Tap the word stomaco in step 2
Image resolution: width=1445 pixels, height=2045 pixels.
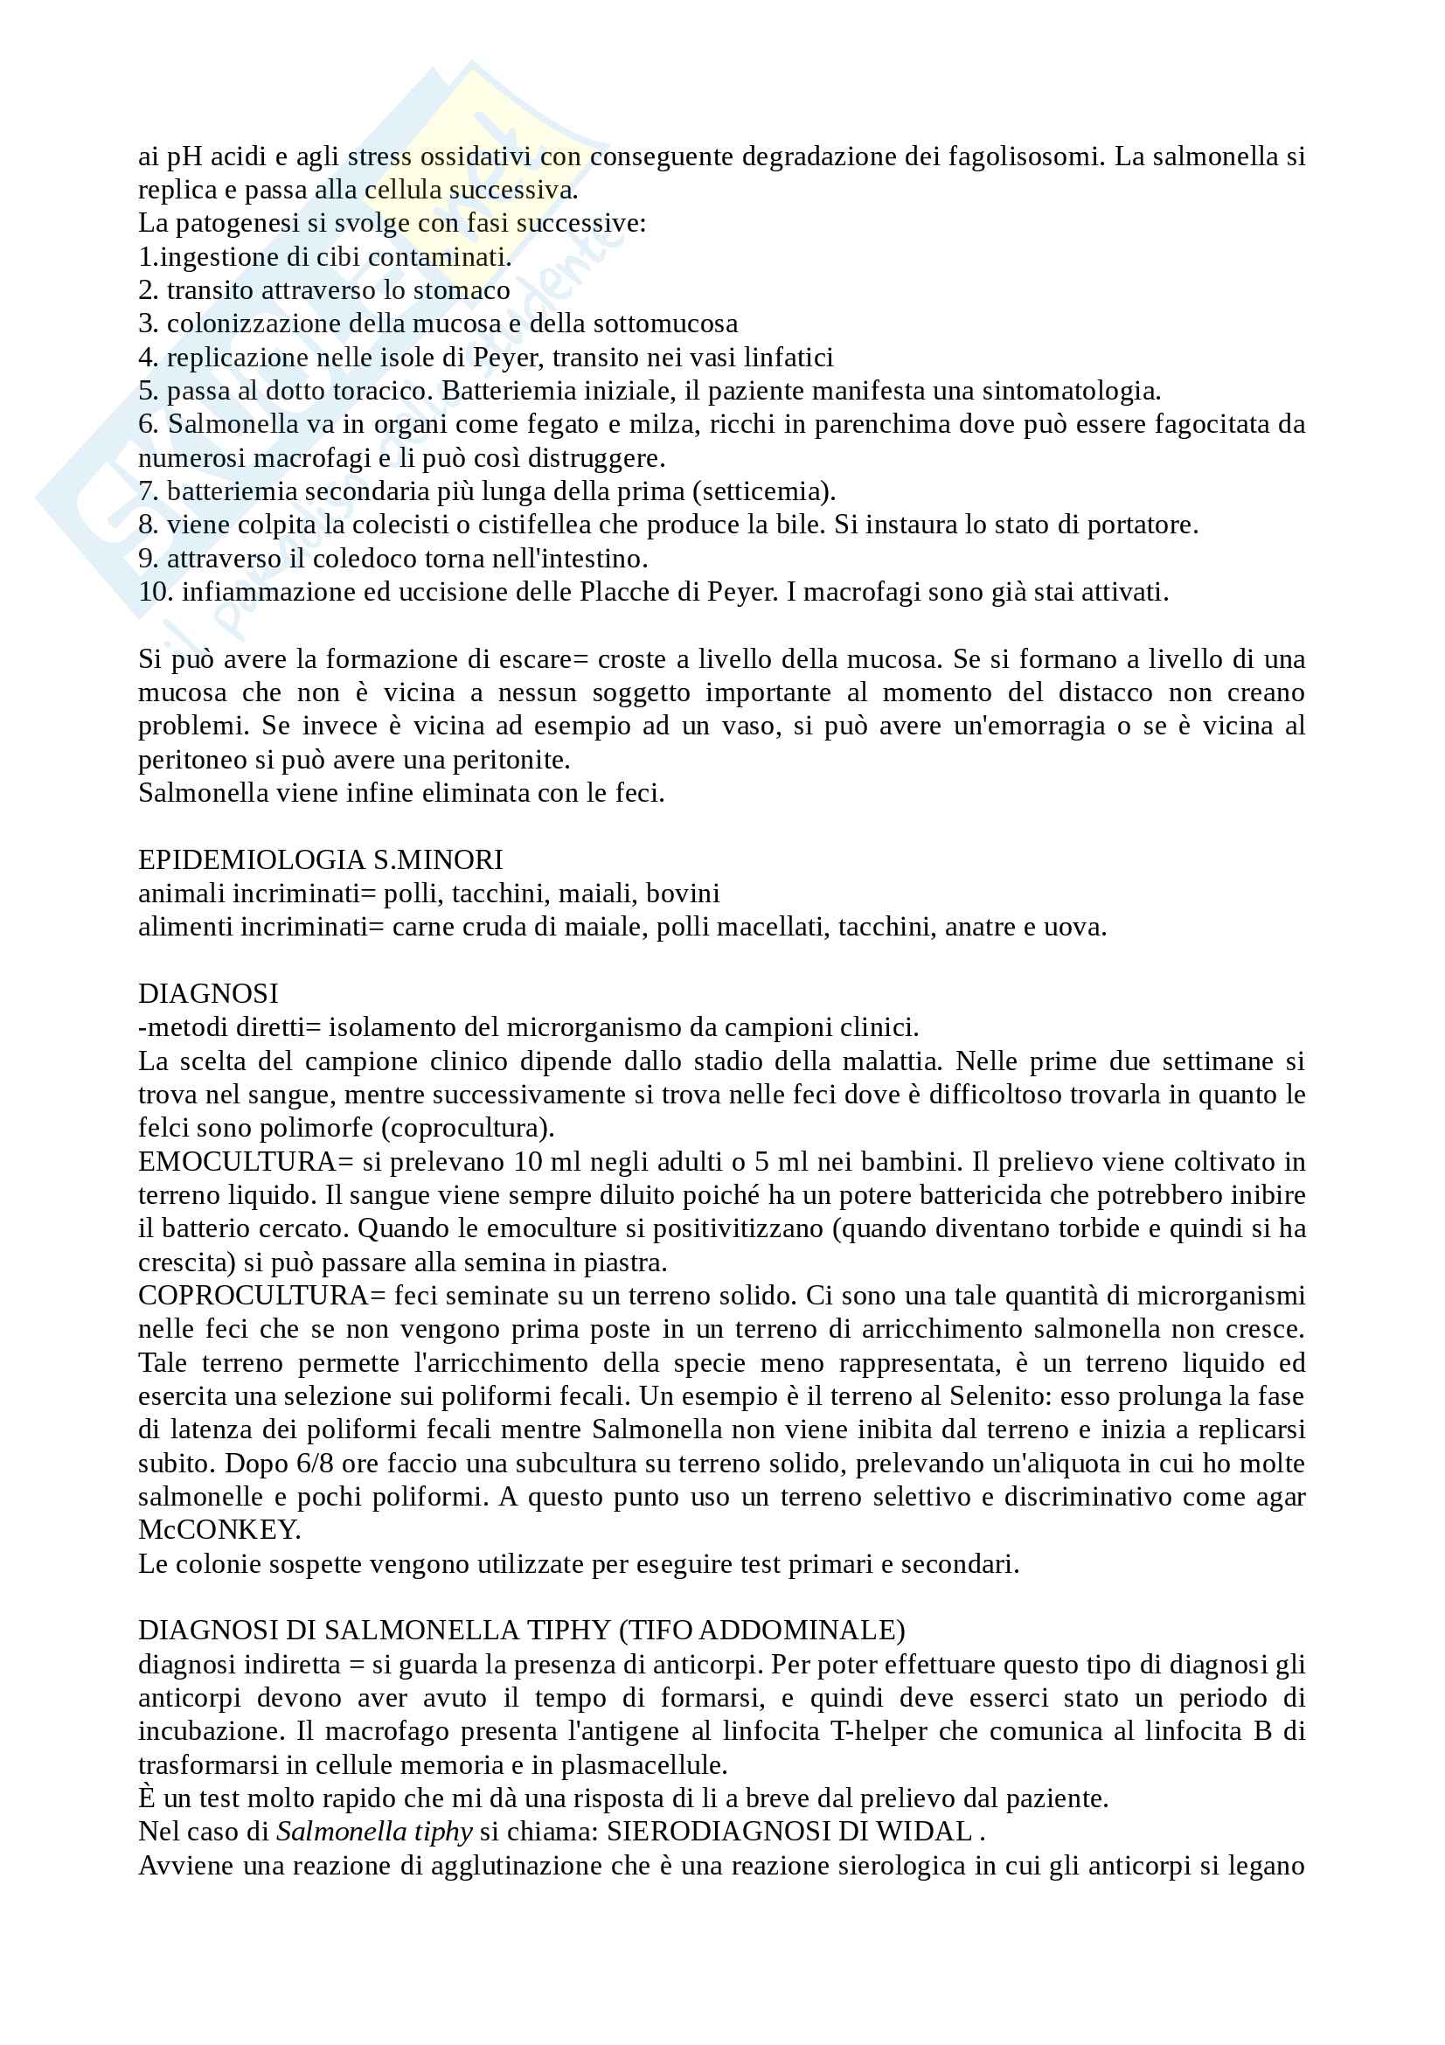point(462,290)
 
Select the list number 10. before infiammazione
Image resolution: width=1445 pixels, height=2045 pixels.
point(156,592)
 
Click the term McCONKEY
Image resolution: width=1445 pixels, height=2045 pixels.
point(219,1531)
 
